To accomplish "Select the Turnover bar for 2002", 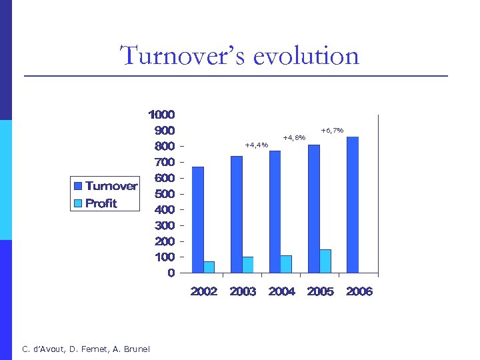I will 198,219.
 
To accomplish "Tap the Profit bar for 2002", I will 209,267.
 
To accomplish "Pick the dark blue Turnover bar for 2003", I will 237,214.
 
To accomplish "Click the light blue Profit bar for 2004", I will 287,264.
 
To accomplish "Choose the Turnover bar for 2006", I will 353,205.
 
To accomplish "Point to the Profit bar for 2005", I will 325,261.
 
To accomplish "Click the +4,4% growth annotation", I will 257,145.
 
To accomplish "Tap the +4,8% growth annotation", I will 294,137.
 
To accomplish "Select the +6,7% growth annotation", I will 332,130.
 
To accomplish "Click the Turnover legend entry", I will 105,186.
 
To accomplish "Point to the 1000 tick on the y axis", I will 162,115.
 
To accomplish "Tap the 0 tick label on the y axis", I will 172,273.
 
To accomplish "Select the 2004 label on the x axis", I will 282,291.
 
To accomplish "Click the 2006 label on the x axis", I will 359,291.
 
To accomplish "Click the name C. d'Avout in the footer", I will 43,349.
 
